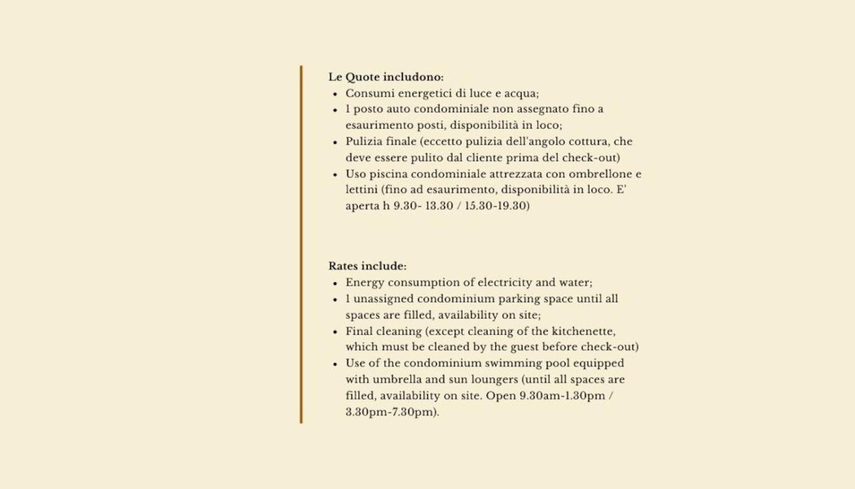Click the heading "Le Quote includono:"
[386, 77]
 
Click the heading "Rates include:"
[367, 267]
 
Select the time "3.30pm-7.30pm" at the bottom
[391, 412]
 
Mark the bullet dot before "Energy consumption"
[335, 284]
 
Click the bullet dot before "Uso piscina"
[335, 175]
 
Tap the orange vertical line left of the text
[301, 244]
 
